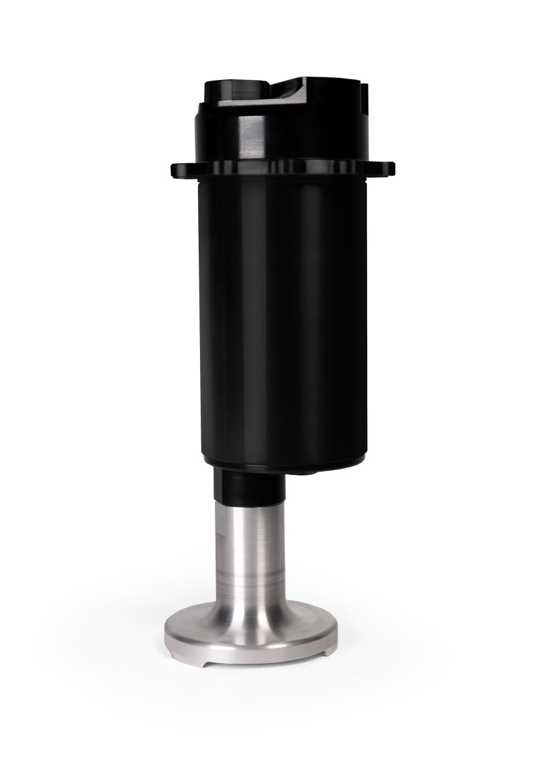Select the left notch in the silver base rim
click(207, 650)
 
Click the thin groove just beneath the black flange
click(282, 179)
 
